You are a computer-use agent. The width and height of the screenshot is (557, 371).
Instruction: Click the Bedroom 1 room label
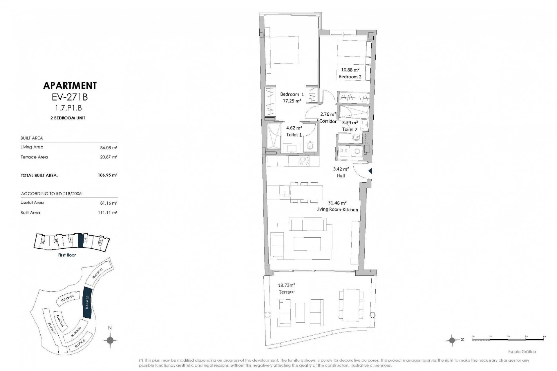[292, 94]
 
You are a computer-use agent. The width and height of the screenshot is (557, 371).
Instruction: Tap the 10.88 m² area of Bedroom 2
[350, 70]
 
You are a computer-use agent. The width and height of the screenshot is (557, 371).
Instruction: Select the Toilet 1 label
[294, 135]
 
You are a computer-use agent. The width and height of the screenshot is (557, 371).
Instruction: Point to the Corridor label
[328, 121]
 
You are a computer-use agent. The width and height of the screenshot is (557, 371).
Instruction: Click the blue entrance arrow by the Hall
[370, 171]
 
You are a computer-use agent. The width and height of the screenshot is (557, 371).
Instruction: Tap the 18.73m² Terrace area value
[286, 285]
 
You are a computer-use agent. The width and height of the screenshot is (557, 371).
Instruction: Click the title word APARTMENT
[70, 86]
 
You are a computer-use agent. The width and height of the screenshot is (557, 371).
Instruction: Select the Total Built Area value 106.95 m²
[108, 175]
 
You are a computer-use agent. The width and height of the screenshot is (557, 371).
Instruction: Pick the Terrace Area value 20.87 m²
[108, 157]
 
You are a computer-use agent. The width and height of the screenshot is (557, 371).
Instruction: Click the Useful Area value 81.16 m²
[108, 203]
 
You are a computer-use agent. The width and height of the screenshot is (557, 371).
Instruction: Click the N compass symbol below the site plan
[110, 340]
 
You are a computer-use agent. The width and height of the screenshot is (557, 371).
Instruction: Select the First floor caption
[67, 255]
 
